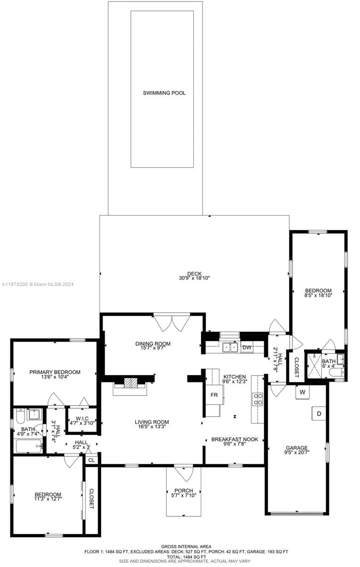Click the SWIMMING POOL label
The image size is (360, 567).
pos(164,93)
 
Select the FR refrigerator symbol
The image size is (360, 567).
pos(214,395)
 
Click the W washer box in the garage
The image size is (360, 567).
pos(302,392)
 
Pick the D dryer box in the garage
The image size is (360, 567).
pos(319,413)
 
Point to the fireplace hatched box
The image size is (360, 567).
pos(130,383)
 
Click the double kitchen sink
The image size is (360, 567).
pos(230,347)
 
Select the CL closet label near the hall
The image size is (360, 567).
pos(92,460)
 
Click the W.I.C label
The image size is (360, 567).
pos(82,419)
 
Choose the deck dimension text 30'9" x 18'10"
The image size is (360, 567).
pos(195,278)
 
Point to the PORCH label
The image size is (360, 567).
pos(184,490)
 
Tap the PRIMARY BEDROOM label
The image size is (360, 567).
pos(55,372)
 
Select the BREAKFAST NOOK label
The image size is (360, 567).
pos(235,439)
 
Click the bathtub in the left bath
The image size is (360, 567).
pos(29,446)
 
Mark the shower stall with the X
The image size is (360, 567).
pos(314,366)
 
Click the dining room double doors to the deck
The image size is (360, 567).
pos(172,323)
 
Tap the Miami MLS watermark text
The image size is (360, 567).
pos(38,284)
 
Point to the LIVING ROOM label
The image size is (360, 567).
pos(152,422)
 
